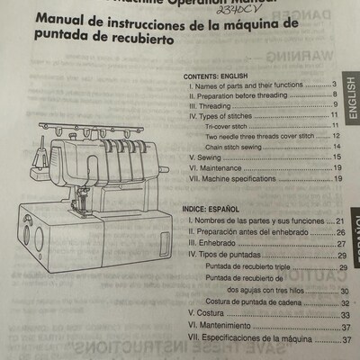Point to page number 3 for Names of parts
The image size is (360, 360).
333,84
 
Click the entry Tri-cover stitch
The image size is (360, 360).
226,126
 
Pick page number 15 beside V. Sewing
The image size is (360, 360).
334,157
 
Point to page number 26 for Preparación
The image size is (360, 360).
341,231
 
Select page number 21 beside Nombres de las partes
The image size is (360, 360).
341,220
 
